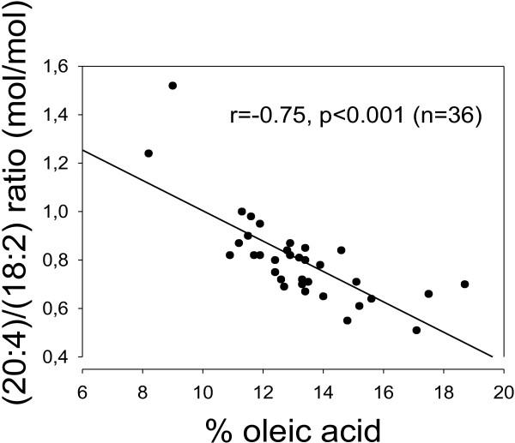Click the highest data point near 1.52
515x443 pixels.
173,86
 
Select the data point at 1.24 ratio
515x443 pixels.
148,153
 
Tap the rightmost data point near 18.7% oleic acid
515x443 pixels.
464,284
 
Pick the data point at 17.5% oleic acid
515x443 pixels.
428,294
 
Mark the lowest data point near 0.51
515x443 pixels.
416,330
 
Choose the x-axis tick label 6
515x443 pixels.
82,375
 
